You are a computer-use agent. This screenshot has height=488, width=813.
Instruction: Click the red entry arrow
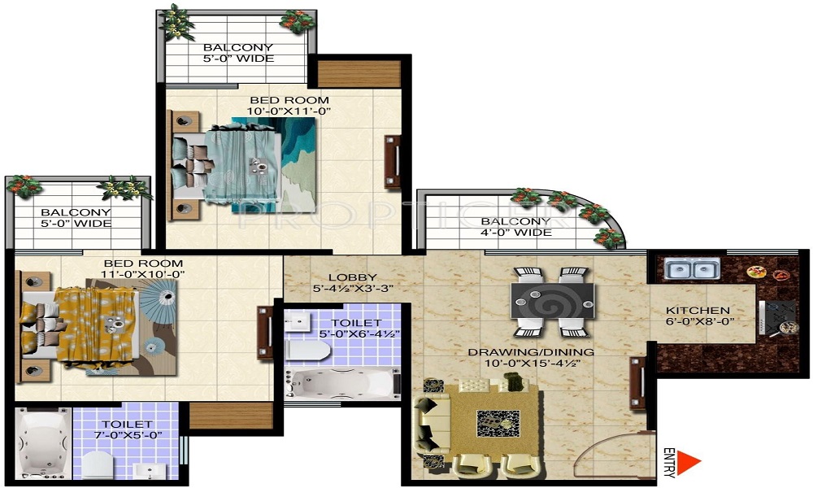687,462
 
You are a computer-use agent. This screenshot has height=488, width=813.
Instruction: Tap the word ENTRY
669,462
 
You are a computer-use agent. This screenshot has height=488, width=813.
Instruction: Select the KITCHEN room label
698,310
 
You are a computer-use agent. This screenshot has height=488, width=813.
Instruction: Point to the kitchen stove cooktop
777,317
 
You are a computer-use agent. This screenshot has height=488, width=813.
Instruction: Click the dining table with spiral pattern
552,301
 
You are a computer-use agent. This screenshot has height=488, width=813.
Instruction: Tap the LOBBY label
353,277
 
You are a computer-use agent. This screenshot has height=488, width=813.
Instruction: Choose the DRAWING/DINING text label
531,352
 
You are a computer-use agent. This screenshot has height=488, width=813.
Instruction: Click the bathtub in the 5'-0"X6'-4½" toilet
343,384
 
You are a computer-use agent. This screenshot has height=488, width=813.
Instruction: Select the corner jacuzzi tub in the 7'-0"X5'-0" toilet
43,443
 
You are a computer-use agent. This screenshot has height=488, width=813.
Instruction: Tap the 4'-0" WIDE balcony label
516,233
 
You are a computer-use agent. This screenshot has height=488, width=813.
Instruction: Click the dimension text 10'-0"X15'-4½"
532,363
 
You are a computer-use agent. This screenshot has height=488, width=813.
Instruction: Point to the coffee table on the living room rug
498,425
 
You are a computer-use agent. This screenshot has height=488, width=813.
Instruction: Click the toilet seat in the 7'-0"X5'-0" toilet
98,464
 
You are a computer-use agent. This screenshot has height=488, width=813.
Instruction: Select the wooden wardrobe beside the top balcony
359,74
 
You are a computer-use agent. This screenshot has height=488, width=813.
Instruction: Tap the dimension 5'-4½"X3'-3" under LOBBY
353,289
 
